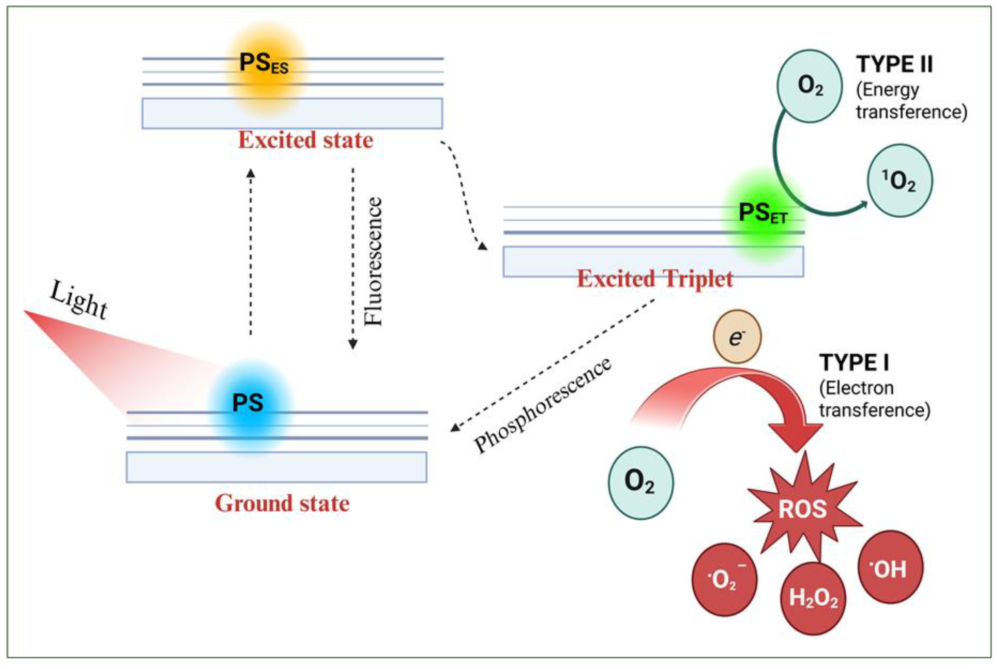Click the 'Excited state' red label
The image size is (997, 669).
click(x=305, y=140)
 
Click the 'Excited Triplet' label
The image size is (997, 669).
click(x=655, y=279)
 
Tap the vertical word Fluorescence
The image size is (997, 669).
click(x=373, y=261)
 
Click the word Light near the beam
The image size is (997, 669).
click(x=79, y=300)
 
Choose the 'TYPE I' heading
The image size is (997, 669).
click(x=854, y=363)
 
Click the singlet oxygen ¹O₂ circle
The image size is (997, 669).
click(x=900, y=180)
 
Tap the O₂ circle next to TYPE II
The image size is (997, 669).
click(x=809, y=86)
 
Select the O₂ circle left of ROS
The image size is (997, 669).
click(x=641, y=483)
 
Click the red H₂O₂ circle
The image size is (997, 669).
click(x=813, y=598)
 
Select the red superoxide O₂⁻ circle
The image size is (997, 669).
click(x=724, y=579)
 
